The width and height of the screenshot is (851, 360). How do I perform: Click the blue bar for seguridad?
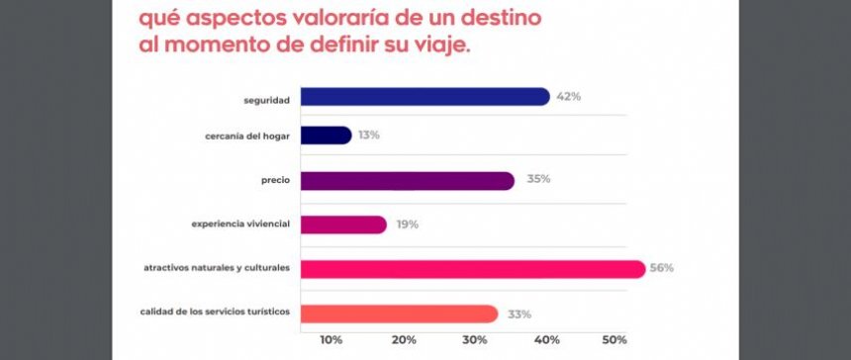425,97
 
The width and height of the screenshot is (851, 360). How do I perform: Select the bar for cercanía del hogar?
326,135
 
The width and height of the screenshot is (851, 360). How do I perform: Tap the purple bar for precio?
407,180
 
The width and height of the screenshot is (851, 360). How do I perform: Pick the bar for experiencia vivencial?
342,225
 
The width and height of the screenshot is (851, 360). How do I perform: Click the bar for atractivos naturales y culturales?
472,269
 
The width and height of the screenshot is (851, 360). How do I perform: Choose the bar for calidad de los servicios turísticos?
398,314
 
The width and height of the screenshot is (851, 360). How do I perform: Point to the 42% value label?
567,97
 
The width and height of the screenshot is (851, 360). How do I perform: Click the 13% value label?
368,135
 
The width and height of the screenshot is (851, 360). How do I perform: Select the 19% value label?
405,225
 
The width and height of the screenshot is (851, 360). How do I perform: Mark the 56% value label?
662,269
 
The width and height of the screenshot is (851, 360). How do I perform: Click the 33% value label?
519,314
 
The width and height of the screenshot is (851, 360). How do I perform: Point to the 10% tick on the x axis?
331,340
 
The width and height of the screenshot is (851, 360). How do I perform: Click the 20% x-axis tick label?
404,340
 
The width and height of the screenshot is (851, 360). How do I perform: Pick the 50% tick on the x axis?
615,340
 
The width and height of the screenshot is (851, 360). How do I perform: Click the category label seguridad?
266,98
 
